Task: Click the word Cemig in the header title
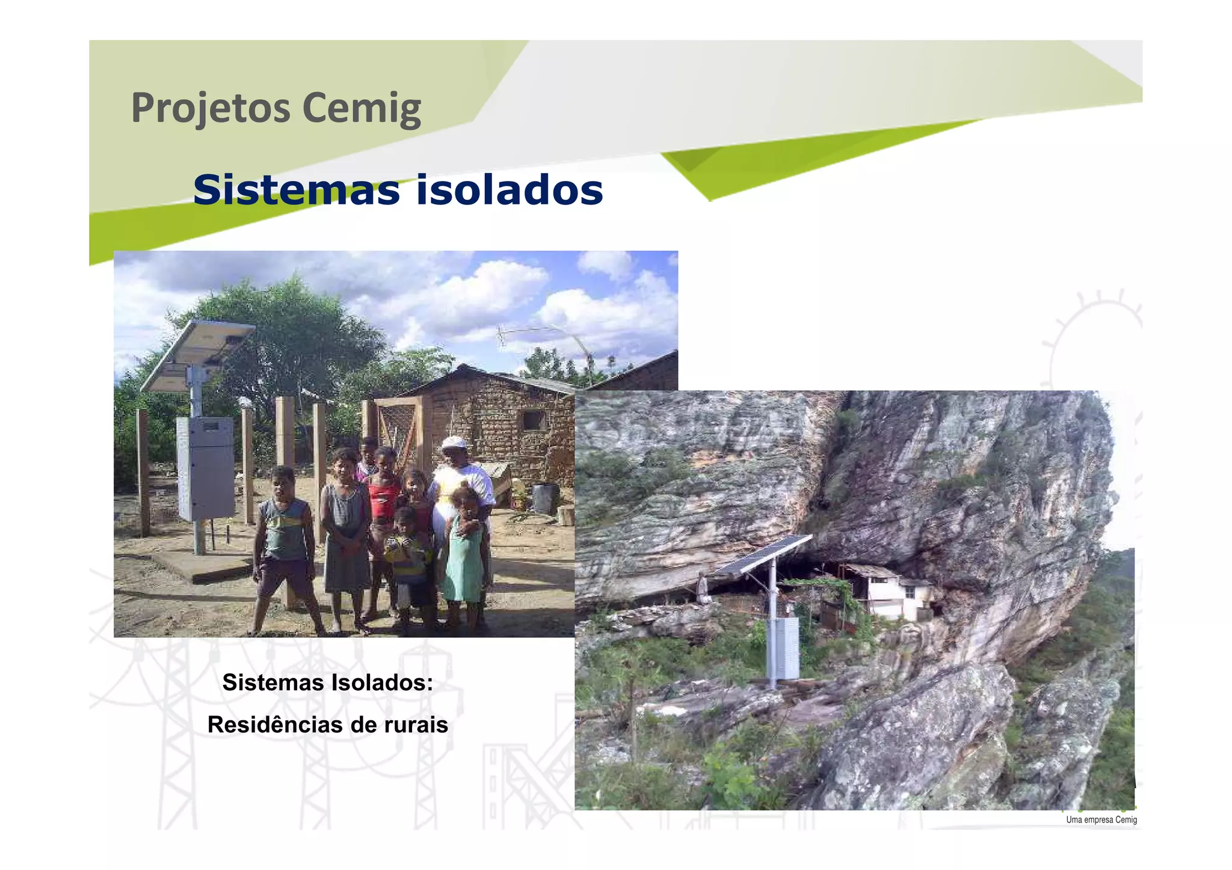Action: (x=361, y=108)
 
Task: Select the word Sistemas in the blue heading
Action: (x=297, y=190)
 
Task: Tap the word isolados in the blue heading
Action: (x=510, y=190)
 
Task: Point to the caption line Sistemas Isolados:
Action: (x=328, y=682)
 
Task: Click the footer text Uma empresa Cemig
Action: (x=1101, y=819)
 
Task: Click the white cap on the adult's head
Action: (x=454, y=443)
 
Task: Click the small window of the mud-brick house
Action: (x=533, y=420)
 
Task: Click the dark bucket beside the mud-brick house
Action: (x=544, y=498)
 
